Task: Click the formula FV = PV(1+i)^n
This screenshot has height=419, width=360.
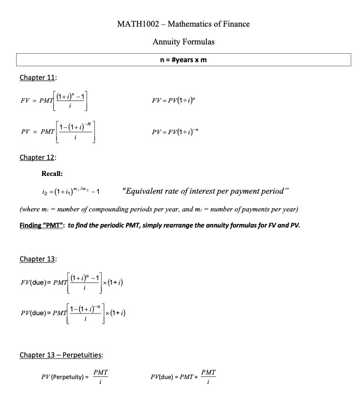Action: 181,102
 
